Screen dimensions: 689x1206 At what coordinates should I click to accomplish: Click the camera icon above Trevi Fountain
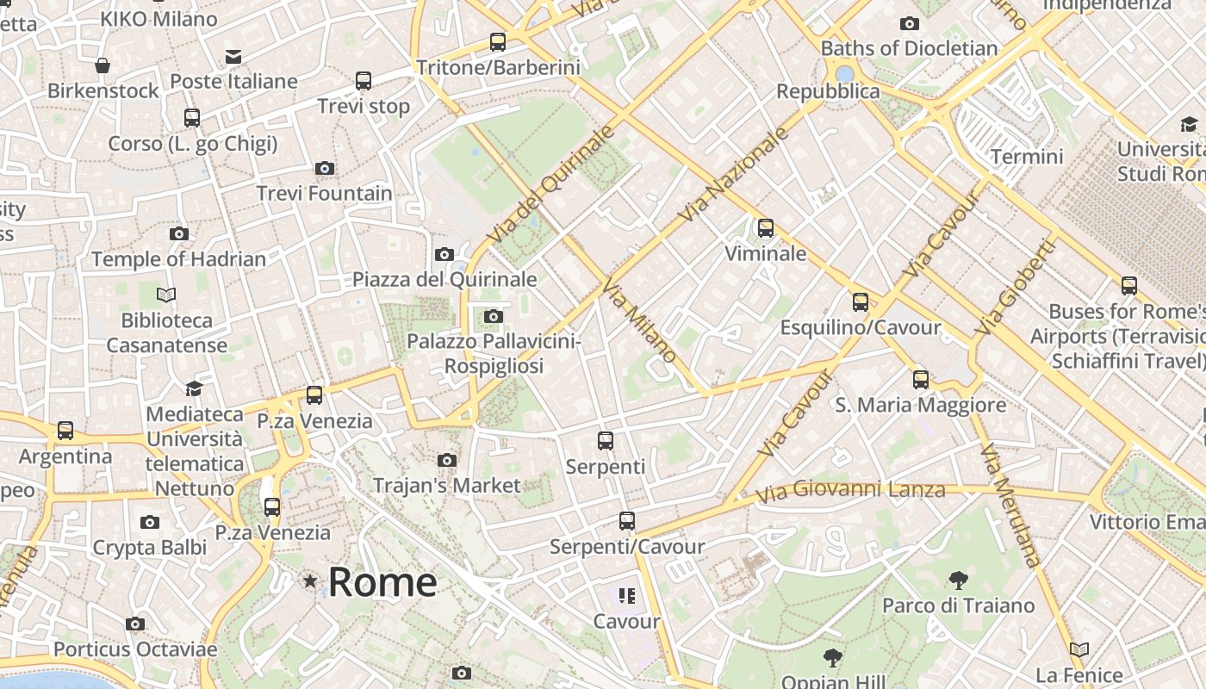click(x=325, y=168)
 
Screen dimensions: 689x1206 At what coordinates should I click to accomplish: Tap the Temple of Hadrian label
click(x=178, y=258)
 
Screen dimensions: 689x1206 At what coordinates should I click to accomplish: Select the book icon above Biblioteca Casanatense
click(x=166, y=295)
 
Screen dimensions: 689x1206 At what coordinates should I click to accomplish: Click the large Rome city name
click(x=382, y=582)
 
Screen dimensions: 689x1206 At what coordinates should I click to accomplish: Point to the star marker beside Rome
click(x=310, y=581)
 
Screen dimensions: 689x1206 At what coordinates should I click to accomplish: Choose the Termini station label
click(x=1027, y=157)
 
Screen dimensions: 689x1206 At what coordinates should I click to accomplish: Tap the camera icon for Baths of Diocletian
click(x=909, y=24)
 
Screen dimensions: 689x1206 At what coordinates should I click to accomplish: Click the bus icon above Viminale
click(x=766, y=228)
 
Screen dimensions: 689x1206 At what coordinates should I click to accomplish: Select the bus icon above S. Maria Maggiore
click(x=921, y=379)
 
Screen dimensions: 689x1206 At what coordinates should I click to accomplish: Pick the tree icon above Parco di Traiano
click(x=958, y=580)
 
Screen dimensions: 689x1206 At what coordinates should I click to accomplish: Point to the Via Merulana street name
click(x=1010, y=506)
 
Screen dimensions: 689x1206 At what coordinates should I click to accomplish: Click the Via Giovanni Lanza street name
click(x=850, y=491)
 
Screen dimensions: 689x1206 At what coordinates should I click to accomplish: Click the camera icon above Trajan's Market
click(x=446, y=461)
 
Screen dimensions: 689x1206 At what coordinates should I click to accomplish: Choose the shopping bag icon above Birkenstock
click(x=103, y=65)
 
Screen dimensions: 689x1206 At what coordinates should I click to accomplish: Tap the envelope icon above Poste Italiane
click(x=233, y=57)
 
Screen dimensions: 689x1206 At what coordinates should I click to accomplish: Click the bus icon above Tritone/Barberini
click(x=497, y=41)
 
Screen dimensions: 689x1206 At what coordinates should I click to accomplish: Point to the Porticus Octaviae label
click(x=135, y=649)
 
